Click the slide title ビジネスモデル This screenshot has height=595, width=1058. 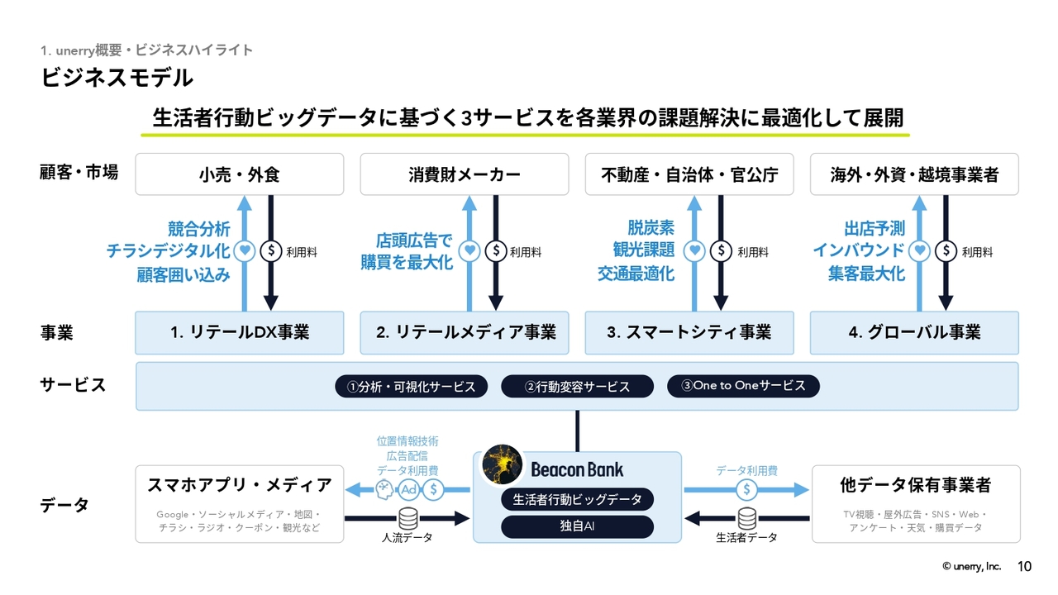coord(117,78)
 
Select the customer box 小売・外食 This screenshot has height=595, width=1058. coord(239,174)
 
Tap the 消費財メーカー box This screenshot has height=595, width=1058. coord(464,174)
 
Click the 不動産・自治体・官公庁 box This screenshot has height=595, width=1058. coord(689,174)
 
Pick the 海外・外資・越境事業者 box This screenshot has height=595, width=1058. coord(914,174)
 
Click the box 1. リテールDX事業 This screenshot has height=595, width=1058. coord(239,332)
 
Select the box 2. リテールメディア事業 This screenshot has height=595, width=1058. coord(464,332)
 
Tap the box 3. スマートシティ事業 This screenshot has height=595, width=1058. coord(689,332)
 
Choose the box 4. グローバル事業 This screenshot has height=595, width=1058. coord(914,332)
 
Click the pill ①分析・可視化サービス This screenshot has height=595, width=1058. coord(412,386)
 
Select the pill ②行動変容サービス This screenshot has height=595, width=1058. coord(577,386)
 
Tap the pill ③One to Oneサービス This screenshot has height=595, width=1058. coord(743,386)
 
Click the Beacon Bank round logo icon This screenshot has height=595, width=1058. coord(501,468)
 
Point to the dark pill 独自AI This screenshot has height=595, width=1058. coord(577,526)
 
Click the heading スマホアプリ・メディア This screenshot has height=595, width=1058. coord(239,485)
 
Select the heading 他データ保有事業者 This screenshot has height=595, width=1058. coord(914,485)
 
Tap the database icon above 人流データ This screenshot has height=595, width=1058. coord(407,518)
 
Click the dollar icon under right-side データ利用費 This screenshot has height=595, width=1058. coord(747,489)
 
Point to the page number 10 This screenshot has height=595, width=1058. coord(1024,567)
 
